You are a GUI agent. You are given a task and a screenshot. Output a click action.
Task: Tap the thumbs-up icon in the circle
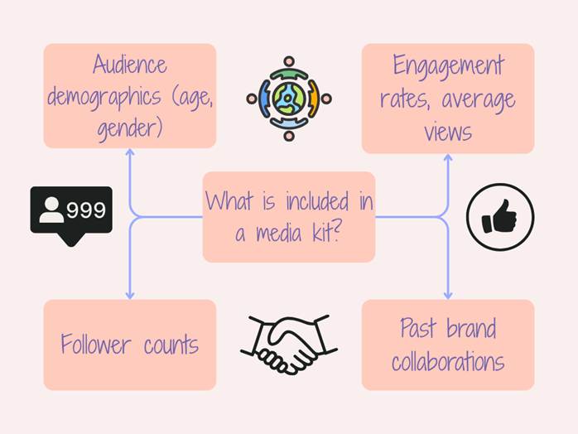[x=500, y=219]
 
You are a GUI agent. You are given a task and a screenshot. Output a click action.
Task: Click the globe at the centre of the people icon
[x=288, y=98]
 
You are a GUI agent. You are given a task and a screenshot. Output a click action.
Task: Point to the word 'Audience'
[x=130, y=65]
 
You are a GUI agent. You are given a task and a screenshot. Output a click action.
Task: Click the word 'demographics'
[x=104, y=96]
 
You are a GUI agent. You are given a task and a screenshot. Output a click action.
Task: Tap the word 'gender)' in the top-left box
[x=129, y=128]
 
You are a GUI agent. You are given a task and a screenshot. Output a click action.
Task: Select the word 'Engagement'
[x=448, y=65]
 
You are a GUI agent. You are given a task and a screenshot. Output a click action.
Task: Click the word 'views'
[x=448, y=132]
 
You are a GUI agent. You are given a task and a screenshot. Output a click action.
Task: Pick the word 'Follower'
[x=95, y=344]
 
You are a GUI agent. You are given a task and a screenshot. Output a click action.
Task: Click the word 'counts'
[x=171, y=345]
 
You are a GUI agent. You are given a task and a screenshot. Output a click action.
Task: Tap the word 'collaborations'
[x=448, y=362]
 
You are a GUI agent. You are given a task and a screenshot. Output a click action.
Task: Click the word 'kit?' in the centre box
[x=319, y=234]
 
